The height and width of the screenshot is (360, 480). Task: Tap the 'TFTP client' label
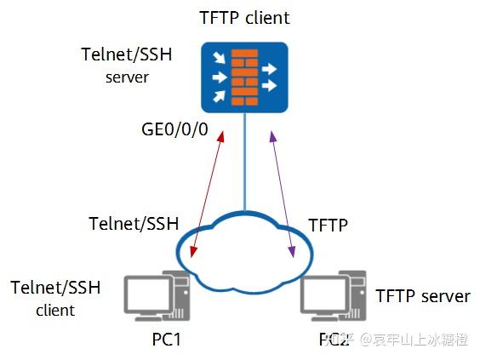pyautogui.click(x=244, y=18)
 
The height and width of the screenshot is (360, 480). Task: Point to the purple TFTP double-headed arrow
pyautogui.click(x=282, y=191)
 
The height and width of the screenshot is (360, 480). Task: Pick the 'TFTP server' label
pyautogui.click(x=422, y=296)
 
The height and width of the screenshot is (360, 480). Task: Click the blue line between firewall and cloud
pyautogui.click(x=244, y=162)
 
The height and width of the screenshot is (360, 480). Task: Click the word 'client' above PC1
pyautogui.click(x=55, y=311)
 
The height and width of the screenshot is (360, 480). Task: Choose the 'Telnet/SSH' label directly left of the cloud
pyautogui.click(x=134, y=224)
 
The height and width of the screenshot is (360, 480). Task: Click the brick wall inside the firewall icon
pyautogui.click(x=244, y=77)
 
